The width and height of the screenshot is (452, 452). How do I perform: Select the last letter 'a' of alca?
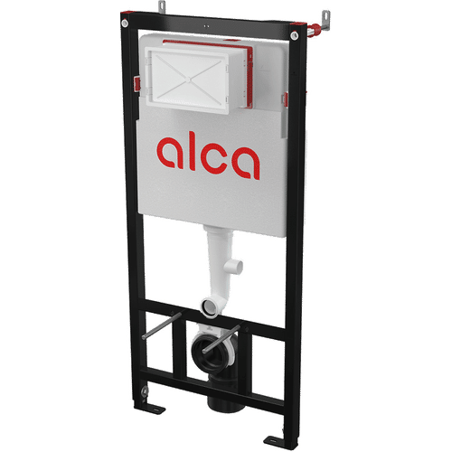tap(246, 159)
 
